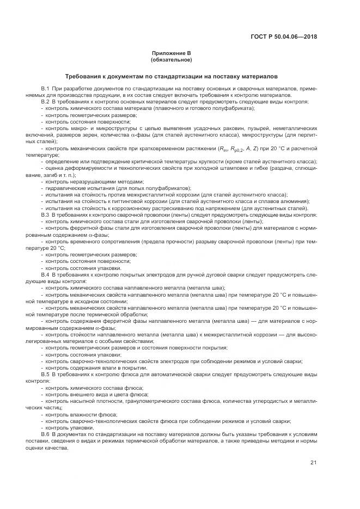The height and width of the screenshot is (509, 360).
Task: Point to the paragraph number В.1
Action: tap(45, 88)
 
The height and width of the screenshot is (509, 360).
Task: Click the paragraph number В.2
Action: tap(45, 101)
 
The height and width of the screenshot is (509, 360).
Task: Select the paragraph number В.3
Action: tap(45, 215)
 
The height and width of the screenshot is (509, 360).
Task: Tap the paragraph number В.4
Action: tap(45, 275)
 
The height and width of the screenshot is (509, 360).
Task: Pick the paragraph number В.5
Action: tap(45, 375)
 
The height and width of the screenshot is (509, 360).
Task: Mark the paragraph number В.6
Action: tap(45, 433)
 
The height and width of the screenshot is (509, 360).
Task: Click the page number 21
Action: tap(313, 462)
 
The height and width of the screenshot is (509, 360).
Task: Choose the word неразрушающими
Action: tap(87, 181)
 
